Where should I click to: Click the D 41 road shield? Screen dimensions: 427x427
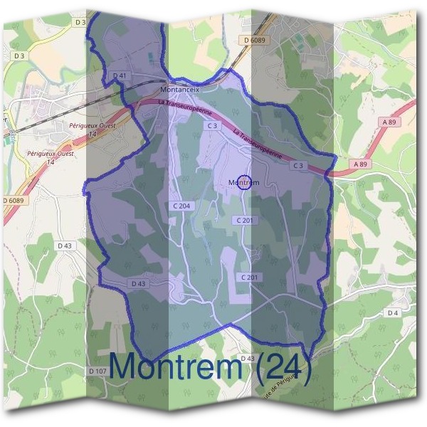(x=120, y=75)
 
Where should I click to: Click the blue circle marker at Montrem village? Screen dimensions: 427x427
(x=244, y=183)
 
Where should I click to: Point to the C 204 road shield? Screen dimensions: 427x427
(x=181, y=206)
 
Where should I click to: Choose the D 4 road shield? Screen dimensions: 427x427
(x=394, y=312)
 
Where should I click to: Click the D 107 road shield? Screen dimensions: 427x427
(x=98, y=371)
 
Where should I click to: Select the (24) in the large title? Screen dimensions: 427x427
(x=283, y=368)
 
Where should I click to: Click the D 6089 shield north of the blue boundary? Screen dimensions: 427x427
(x=253, y=41)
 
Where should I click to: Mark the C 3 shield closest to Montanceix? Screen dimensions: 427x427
(x=211, y=125)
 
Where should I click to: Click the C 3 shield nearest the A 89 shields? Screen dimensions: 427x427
(x=299, y=166)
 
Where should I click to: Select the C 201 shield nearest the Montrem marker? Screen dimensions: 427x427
(x=244, y=221)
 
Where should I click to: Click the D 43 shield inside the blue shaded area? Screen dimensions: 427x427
(x=139, y=283)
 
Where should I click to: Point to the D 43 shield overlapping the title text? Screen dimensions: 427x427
(x=247, y=358)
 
